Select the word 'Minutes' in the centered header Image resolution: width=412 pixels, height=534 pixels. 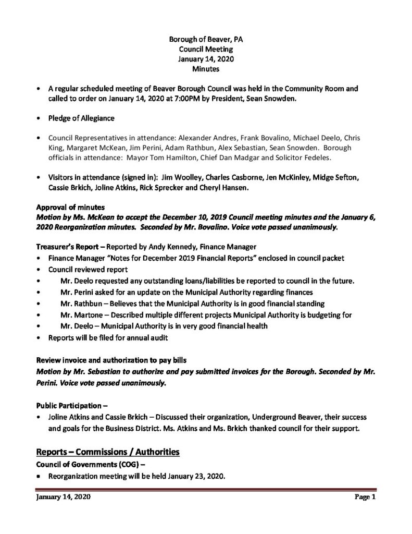pyautogui.click(x=205, y=68)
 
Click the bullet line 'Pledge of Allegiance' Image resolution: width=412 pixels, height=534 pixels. pyautogui.click(x=81, y=118)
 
